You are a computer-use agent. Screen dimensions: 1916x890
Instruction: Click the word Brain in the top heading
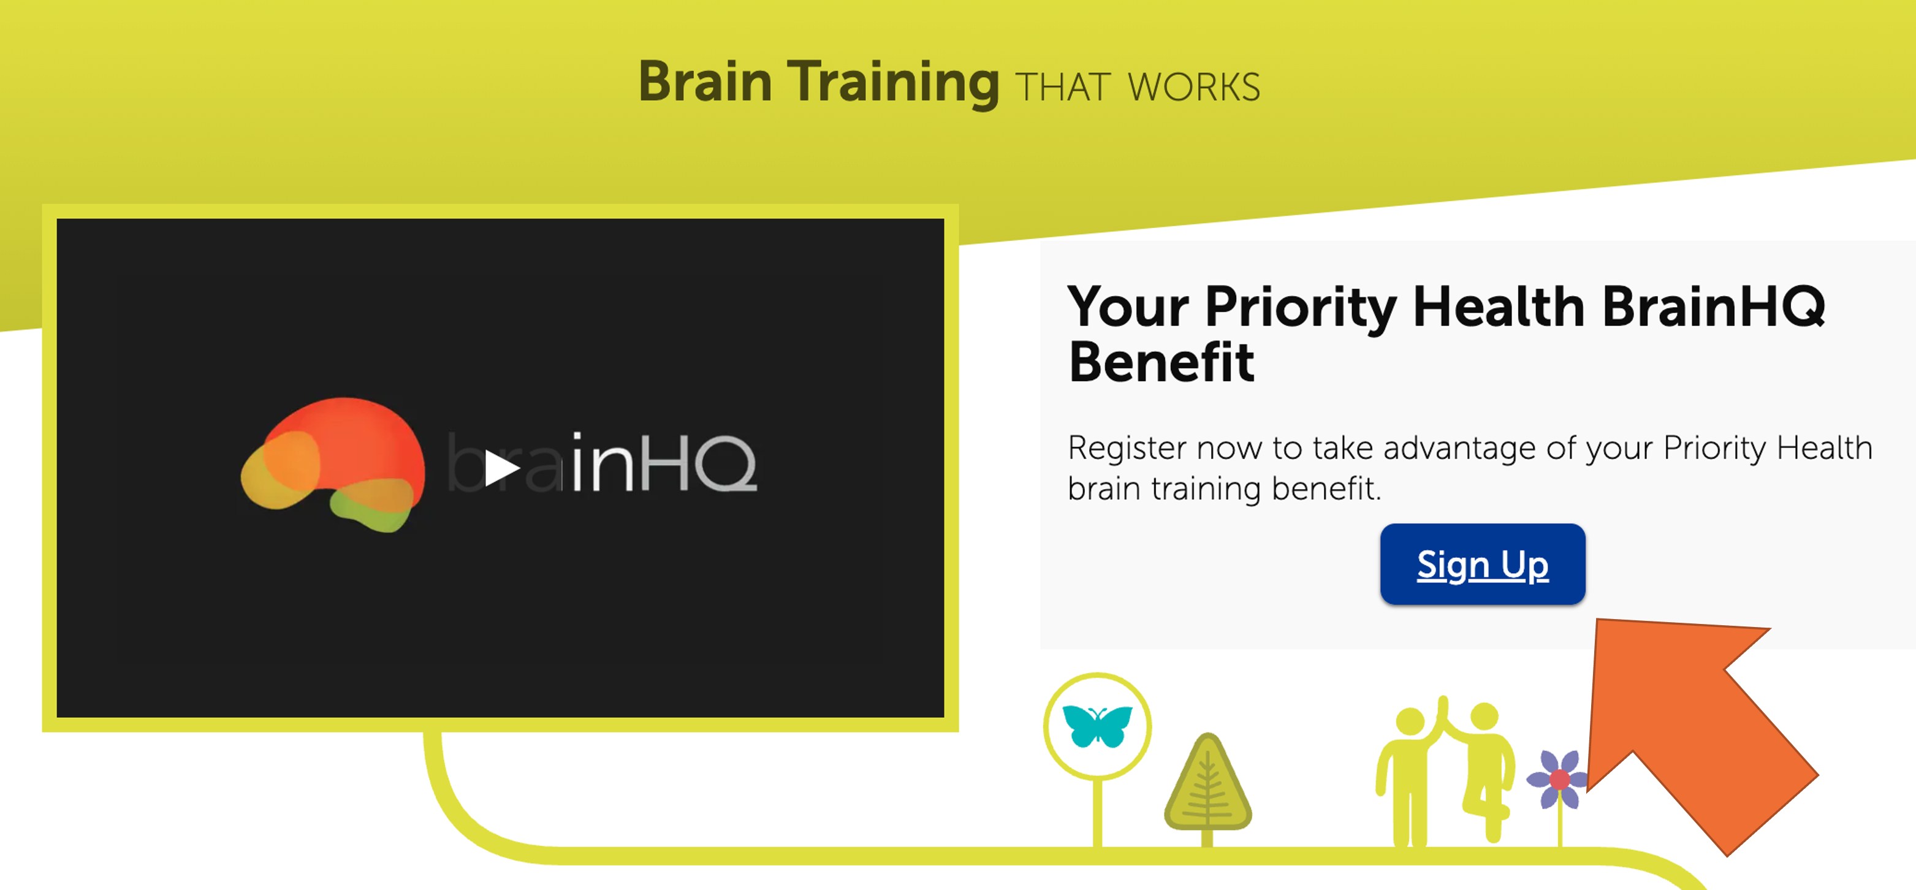(705, 81)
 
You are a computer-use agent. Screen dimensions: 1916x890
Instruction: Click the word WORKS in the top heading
(1194, 88)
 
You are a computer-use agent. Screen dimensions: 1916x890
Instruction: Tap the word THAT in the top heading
(1063, 88)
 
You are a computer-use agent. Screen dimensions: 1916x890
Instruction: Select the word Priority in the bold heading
(1301, 308)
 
